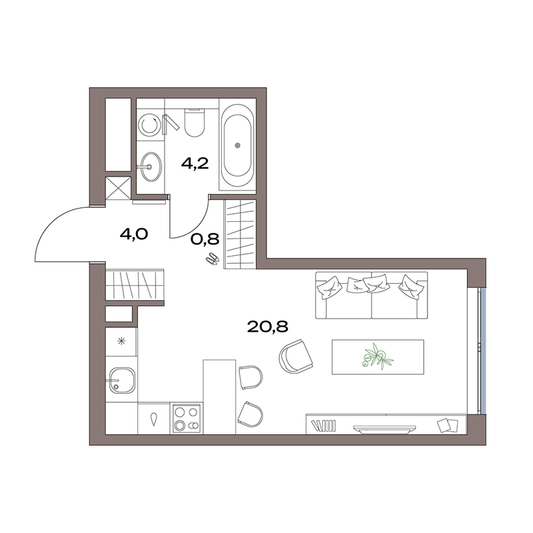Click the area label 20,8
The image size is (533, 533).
pos(268,326)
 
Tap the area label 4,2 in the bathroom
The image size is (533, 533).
pos(195,164)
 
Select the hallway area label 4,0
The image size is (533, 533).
pos(134,235)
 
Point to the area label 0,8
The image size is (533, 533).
pos(205,239)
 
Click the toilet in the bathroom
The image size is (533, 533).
pos(195,123)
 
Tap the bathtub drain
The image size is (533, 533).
pos(237,145)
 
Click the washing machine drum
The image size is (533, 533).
pos(149,125)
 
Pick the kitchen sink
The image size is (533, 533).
pos(122,380)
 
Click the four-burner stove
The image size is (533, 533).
pos(187,418)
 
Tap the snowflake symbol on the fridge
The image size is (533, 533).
pos(121,341)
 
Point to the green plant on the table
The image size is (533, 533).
pos(377,356)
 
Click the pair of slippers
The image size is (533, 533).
pos(213,259)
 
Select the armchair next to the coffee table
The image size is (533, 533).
pos(295,356)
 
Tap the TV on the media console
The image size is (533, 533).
pos(385,429)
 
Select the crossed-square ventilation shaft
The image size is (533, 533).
pos(118,187)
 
